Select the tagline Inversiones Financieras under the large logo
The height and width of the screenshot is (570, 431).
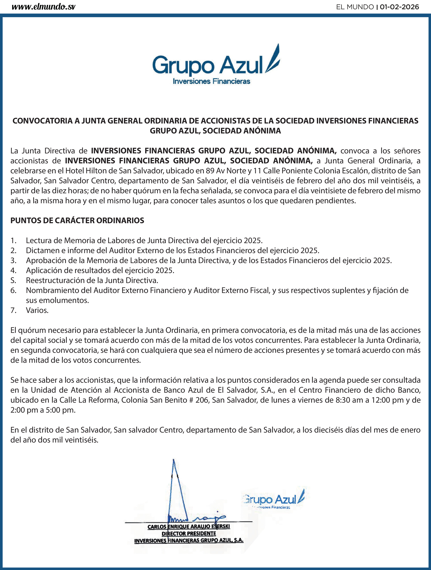click(x=211, y=81)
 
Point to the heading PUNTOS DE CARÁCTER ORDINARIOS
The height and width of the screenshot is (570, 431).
click(x=77, y=221)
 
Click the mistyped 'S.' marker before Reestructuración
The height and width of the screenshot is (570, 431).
click(x=13, y=280)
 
